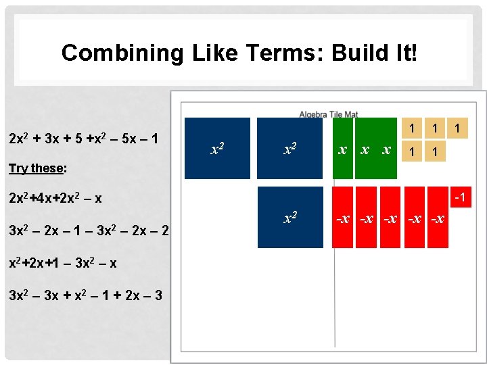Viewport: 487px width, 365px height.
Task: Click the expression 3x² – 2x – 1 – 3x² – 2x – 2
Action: [89, 230]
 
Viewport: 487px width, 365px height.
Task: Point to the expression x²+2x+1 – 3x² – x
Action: [62, 263]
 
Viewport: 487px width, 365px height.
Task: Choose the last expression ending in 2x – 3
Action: [85, 295]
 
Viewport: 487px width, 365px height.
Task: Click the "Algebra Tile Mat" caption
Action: [329, 114]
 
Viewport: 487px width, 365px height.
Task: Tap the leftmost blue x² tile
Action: [217, 148]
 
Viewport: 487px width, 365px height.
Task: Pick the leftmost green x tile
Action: [343, 148]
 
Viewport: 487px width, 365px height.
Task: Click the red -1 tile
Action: [460, 197]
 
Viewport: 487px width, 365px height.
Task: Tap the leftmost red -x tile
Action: [343, 218]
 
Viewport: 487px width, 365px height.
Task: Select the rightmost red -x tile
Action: [437, 218]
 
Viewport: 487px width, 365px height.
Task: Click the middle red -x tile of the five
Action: [390, 218]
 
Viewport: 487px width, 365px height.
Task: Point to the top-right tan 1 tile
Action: [459, 127]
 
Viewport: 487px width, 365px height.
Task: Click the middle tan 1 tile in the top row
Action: [436, 127]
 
